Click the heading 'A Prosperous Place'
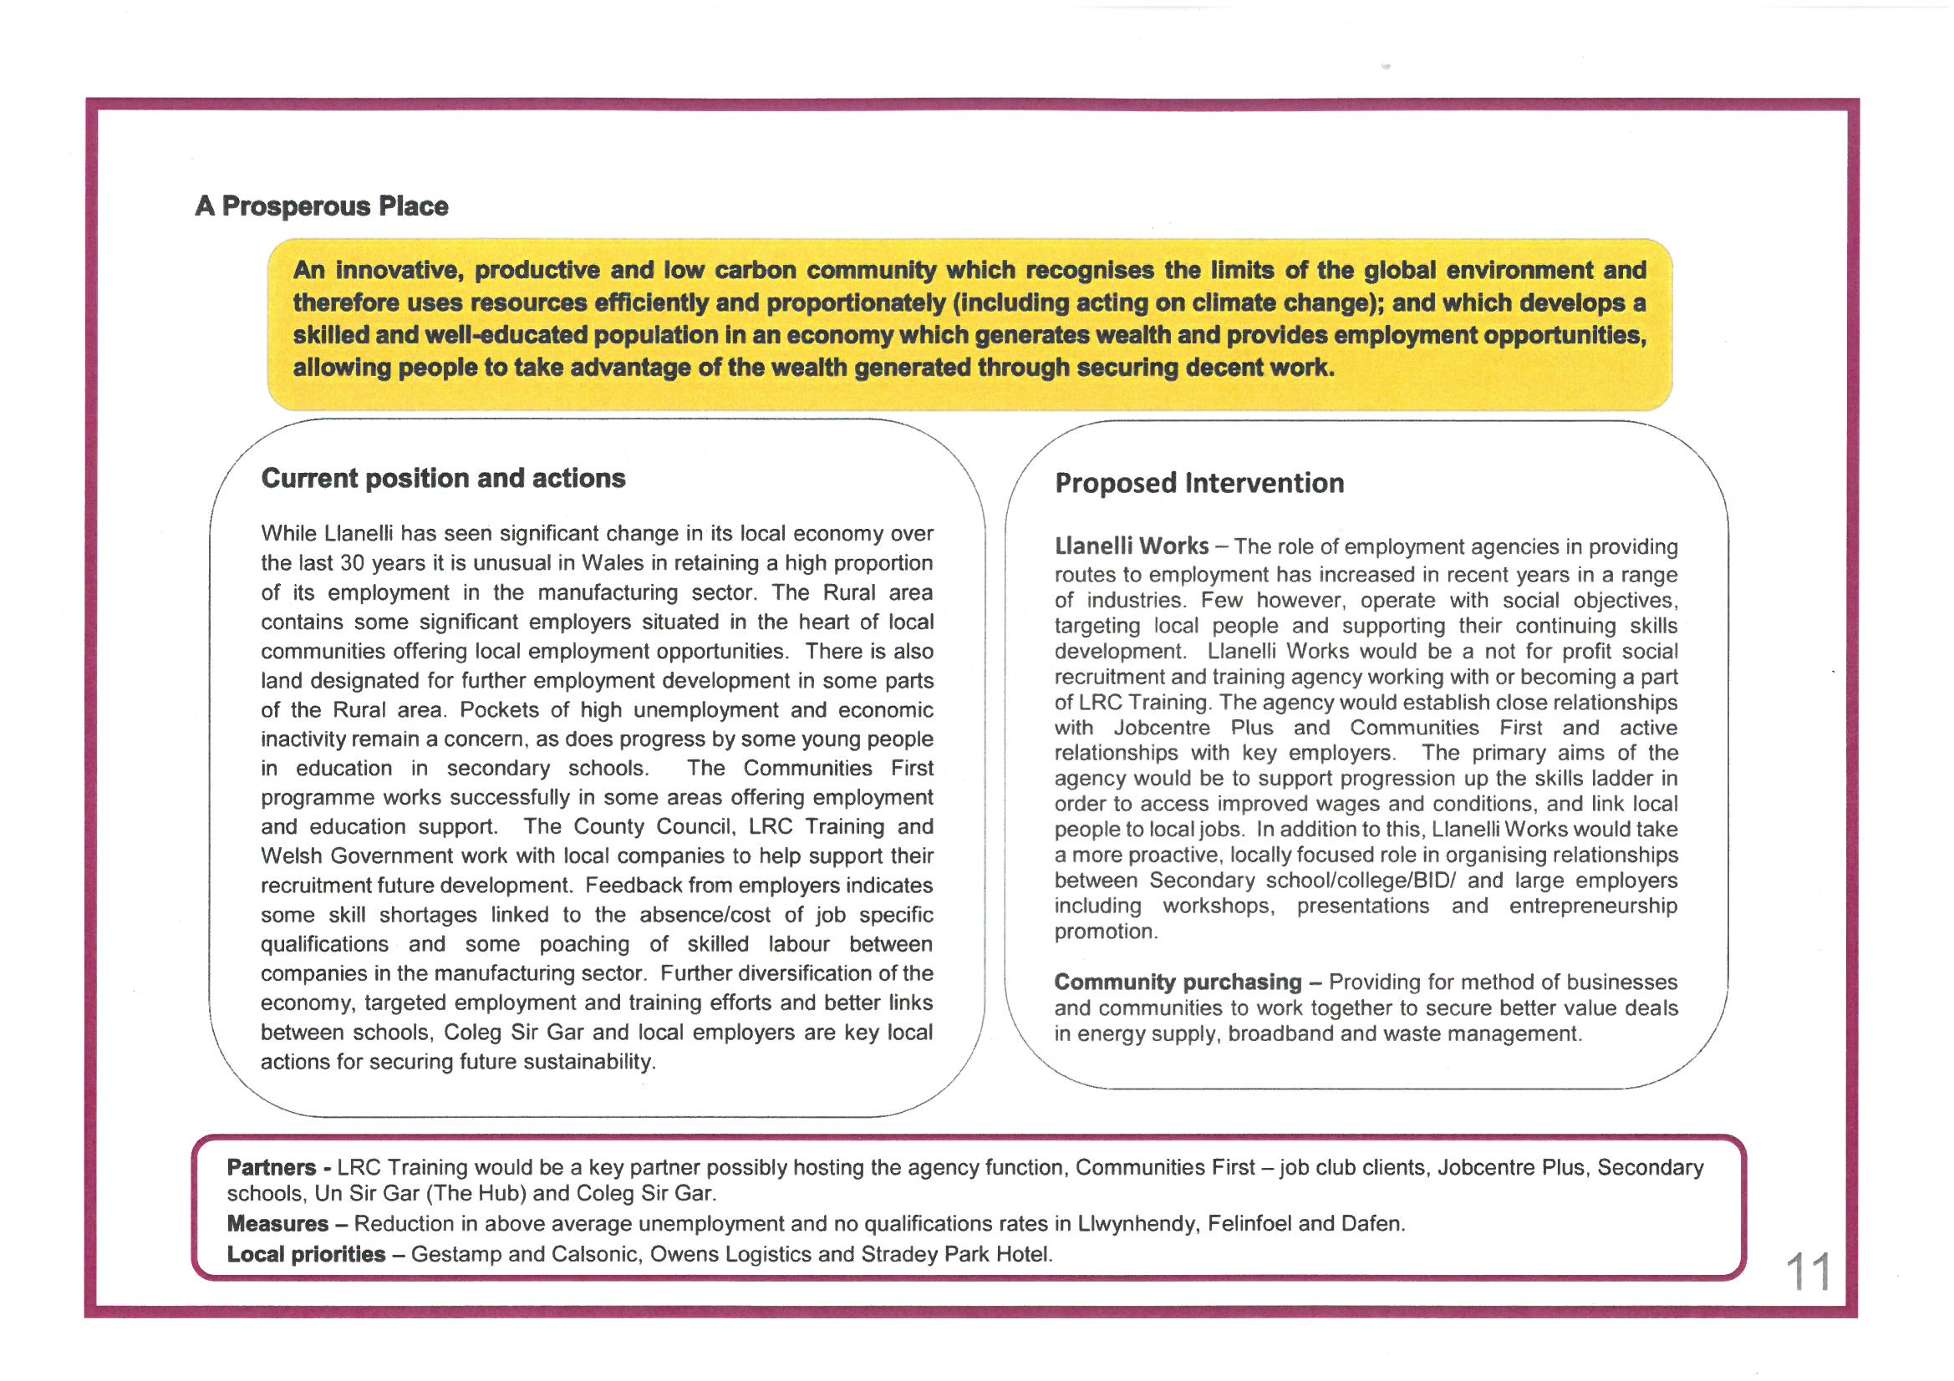click(321, 206)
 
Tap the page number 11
click(1808, 1272)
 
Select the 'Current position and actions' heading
click(443, 478)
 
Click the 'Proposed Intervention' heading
click(1199, 483)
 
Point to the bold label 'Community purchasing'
click(1177, 982)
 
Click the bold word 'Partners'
click(271, 1167)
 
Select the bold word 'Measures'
click(277, 1224)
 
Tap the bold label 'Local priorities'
click(306, 1254)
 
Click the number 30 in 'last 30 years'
click(353, 563)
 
